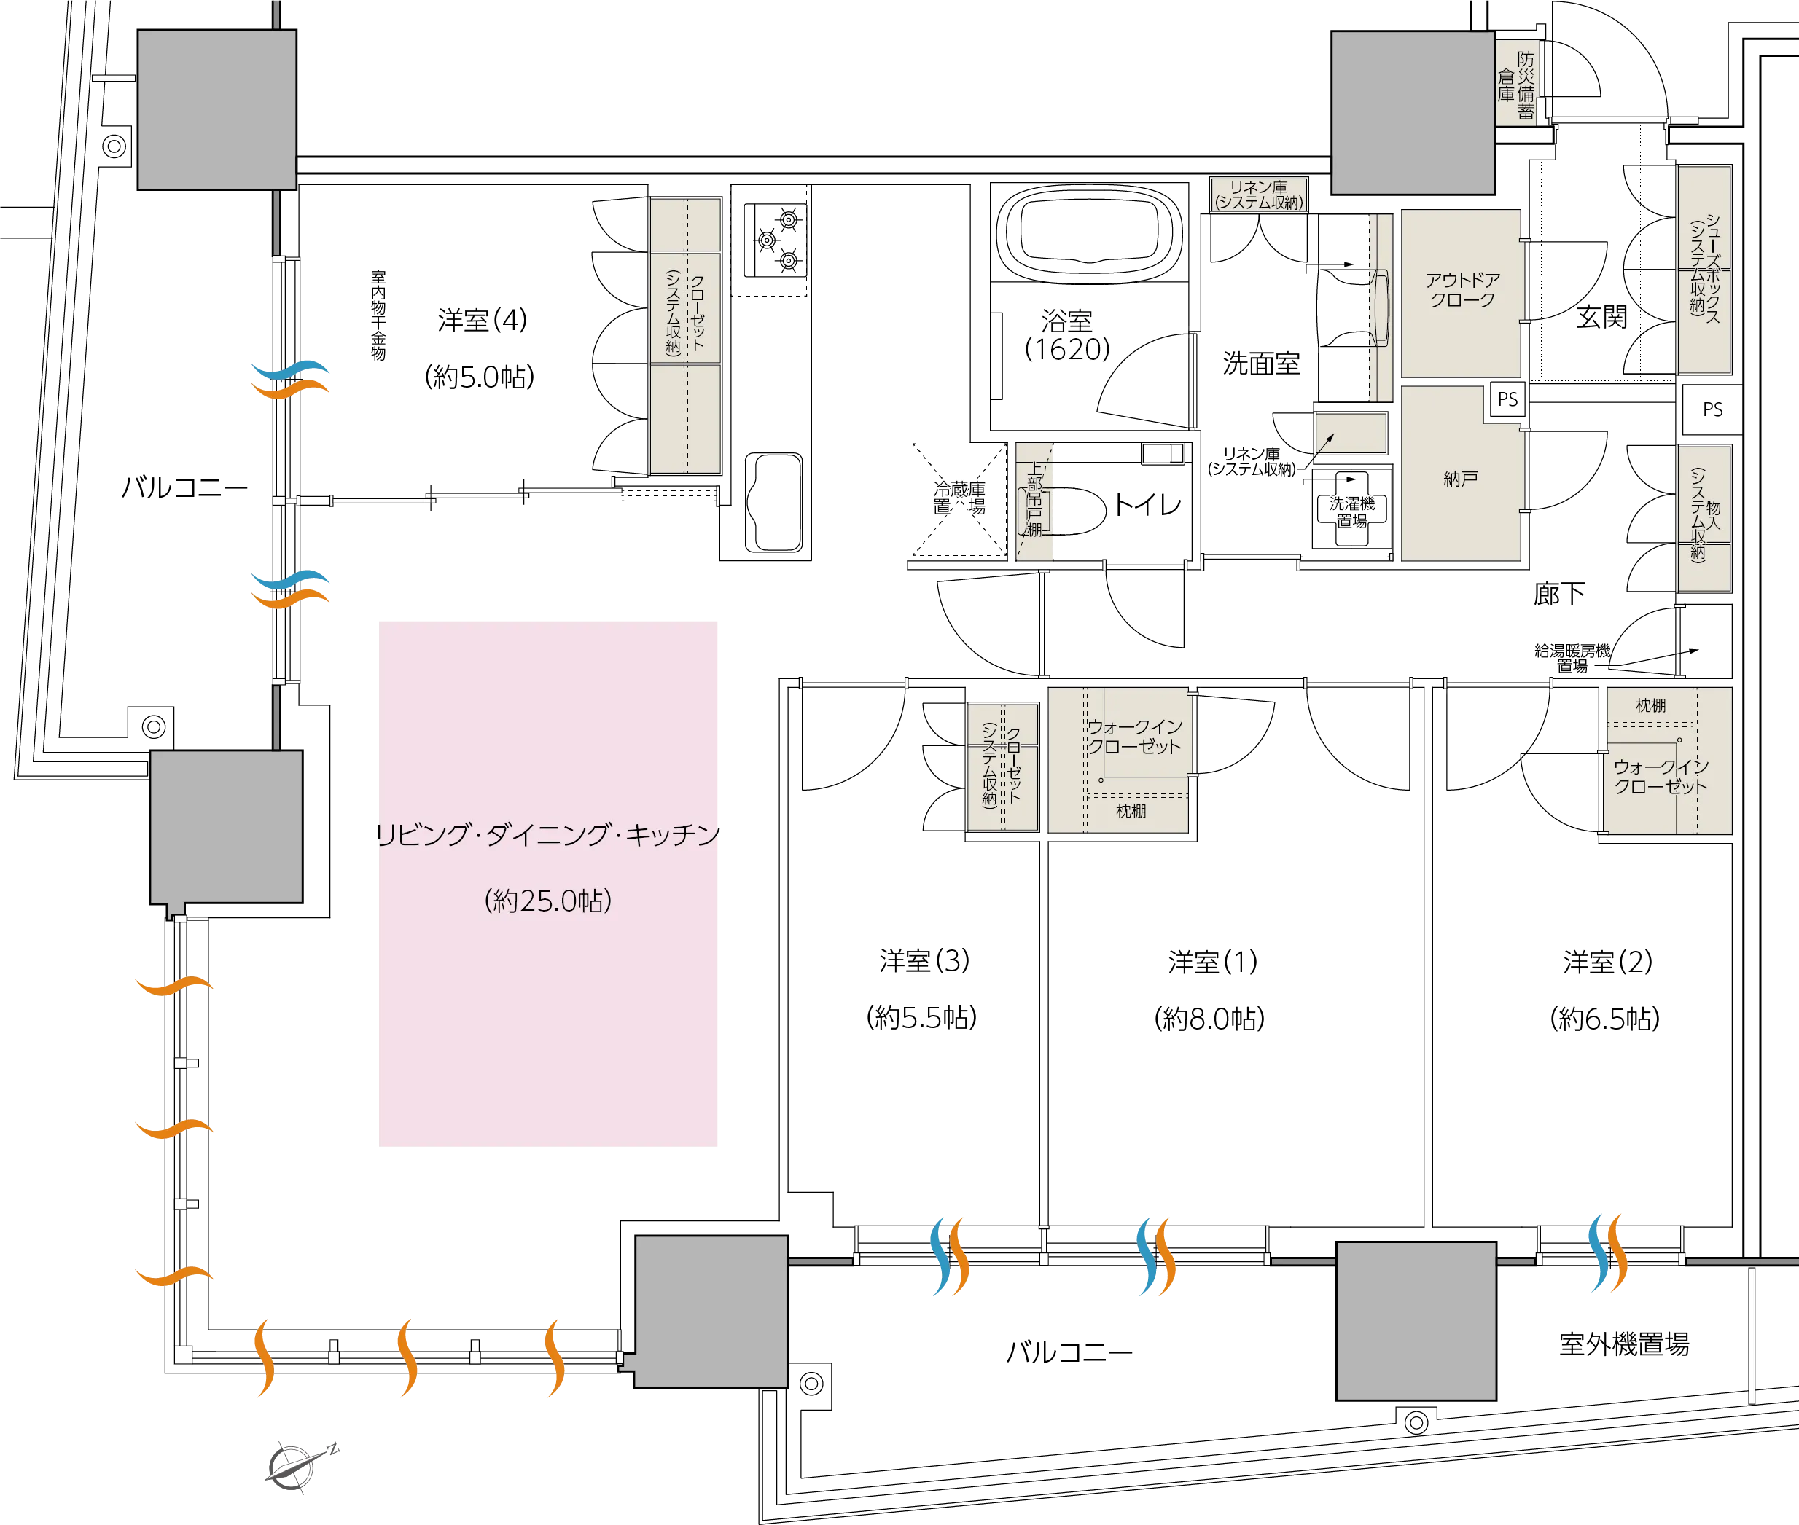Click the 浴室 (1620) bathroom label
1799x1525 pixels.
pos(1066,334)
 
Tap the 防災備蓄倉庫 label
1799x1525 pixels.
pos(1517,83)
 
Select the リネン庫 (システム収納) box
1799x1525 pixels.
pos(1258,195)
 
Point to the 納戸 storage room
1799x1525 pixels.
pos(1460,478)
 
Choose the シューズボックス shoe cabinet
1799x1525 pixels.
pos(1703,270)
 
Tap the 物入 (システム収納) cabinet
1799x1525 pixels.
pos(1703,519)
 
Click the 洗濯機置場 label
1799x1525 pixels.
pos(1350,511)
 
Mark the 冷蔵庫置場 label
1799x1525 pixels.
pos(959,498)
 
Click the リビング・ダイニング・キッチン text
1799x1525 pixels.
pos(550,835)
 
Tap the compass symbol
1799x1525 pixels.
pos(302,1466)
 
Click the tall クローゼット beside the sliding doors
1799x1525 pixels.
pos(685,334)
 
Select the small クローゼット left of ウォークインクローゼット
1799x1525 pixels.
pos(1002,767)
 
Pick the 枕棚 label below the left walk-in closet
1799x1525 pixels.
pos(1131,811)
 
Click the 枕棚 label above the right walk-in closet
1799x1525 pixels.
pos(1650,705)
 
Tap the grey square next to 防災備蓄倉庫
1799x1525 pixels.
pos(1413,113)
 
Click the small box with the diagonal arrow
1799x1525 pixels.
pos(1350,432)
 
